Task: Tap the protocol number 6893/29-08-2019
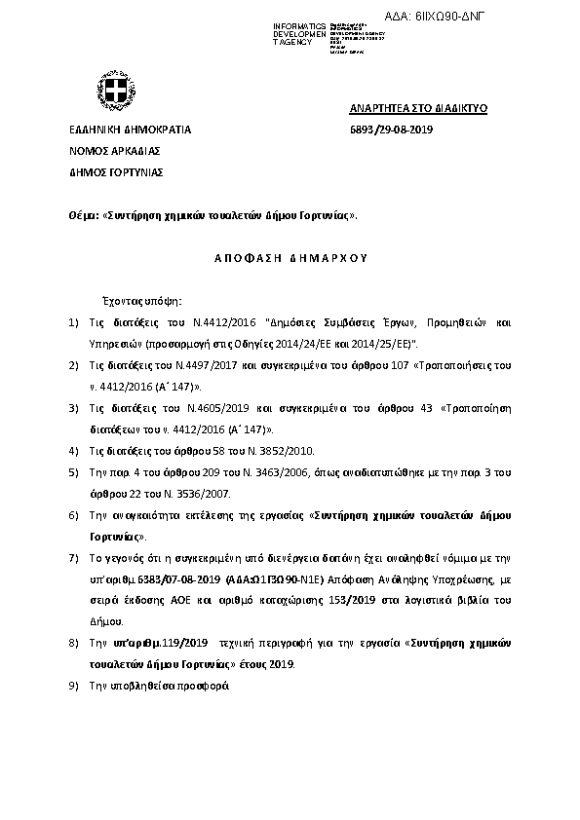click(x=391, y=130)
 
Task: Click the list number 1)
click(x=73, y=321)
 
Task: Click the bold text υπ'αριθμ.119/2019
click(x=168, y=644)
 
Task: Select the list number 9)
click(x=73, y=685)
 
